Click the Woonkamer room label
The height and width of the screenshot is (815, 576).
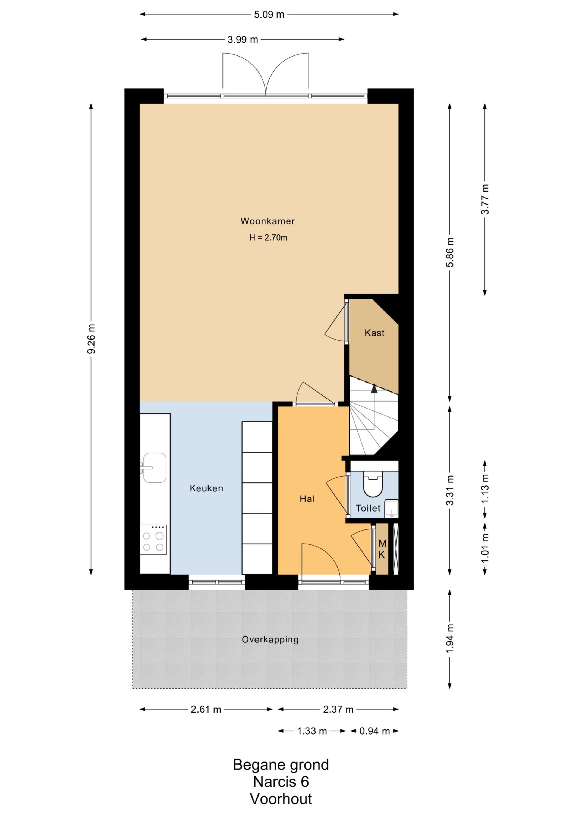click(267, 221)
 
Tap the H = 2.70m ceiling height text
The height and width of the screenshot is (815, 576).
click(268, 238)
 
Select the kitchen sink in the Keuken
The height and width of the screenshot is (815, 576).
click(154, 468)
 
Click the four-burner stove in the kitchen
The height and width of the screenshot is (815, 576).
click(153, 540)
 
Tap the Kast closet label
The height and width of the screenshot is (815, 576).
click(374, 333)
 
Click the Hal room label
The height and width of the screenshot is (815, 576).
click(307, 499)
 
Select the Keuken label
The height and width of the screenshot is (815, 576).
click(207, 488)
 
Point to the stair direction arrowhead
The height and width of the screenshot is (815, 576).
click(374, 388)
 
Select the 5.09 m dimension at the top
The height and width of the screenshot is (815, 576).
click(269, 15)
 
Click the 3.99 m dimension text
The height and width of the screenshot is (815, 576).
click(243, 39)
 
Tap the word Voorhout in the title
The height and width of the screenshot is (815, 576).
click(281, 799)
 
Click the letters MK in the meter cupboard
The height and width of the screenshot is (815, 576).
click(382, 549)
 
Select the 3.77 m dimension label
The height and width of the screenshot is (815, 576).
click(485, 199)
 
